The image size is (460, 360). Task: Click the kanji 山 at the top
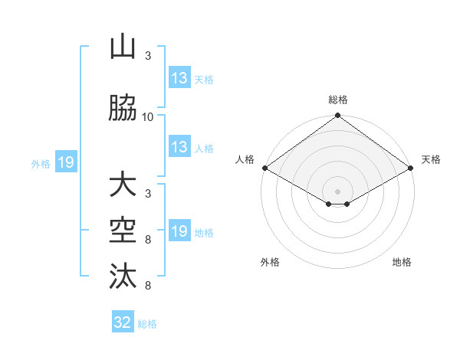click(x=123, y=47)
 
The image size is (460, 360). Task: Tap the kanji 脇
click(x=123, y=109)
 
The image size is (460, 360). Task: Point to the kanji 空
click(x=123, y=231)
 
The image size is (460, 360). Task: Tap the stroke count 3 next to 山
click(x=147, y=56)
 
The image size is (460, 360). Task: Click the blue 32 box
click(x=123, y=322)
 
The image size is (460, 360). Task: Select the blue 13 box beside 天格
click(x=179, y=78)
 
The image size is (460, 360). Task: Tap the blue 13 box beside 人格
click(x=179, y=148)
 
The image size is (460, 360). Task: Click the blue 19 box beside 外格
click(x=65, y=162)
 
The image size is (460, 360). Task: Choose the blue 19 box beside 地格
click(x=179, y=231)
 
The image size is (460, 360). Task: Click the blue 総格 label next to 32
click(x=147, y=324)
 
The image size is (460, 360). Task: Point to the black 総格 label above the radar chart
click(x=337, y=100)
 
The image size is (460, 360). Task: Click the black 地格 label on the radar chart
click(x=402, y=263)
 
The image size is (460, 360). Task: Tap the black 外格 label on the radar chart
click(x=270, y=263)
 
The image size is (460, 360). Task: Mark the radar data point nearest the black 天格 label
click(x=412, y=168)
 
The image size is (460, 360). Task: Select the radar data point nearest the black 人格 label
click(x=264, y=168)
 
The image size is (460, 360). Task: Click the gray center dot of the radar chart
click(x=337, y=190)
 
